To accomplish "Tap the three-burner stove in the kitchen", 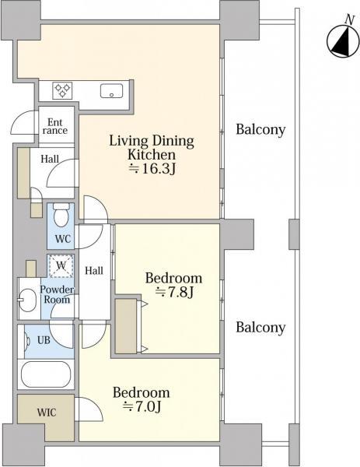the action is point(62,90).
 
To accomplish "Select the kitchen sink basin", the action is point(111,91).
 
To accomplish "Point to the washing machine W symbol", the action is point(61,266).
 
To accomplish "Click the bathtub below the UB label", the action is point(46,374).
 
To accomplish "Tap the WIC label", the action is point(47,413).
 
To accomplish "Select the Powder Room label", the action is point(57,294).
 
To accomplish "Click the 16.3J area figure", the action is point(152,169).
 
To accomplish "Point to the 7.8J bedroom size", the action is point(174,292).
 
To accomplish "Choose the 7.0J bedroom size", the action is point(142,406).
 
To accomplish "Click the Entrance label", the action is point(55,126).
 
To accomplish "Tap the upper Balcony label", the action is point(260,130).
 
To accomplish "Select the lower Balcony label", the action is point(260,328).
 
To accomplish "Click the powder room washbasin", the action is point(27,299).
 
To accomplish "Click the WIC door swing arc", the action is point(96,404).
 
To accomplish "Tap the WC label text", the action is point(63,239).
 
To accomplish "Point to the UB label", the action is point(44,340).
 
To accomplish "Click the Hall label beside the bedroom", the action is point(94,270).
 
